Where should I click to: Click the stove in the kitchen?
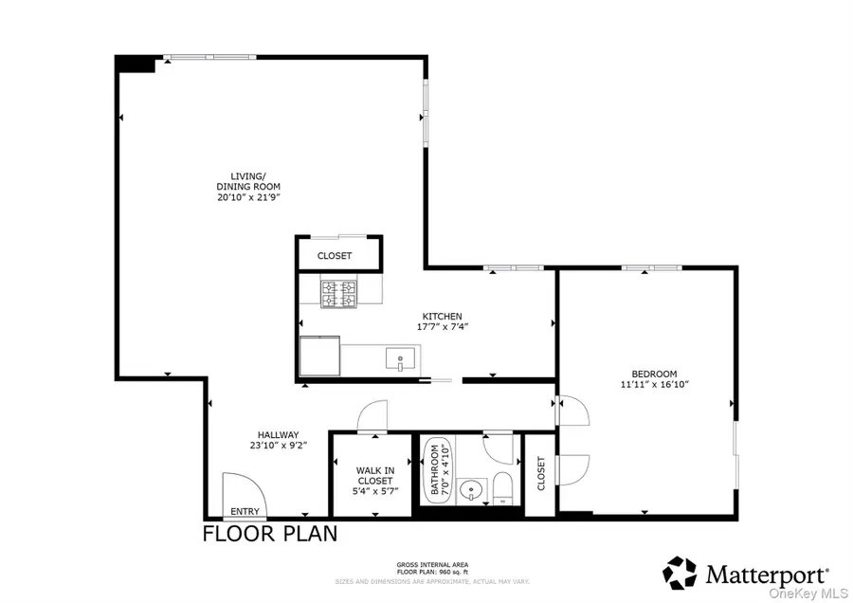tap(338, 294)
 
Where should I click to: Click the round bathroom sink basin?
tap(470, 491)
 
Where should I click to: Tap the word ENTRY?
tap(245, 512)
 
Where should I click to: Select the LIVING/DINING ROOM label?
tap(248, 186)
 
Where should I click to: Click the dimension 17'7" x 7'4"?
tap(443, 327)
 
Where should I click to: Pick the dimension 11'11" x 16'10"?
tap(654, 385)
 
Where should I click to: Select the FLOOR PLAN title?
tap(270, 534)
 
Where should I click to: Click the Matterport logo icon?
tap(680, 573)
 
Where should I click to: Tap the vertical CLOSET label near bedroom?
tap(541, 474)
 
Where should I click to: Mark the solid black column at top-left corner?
tap(136, 64)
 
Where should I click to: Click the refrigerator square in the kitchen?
tap(319, 356)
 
